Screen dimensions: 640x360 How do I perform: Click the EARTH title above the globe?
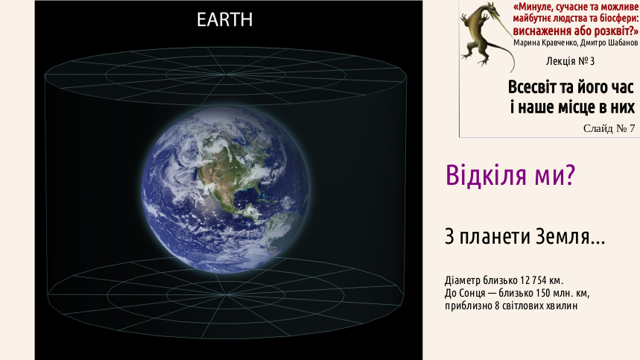pyautogui.click(x=224, y=19)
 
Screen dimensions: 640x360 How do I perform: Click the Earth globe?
pyautogui.click(x=225, y=189)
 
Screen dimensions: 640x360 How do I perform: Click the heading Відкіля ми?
pyautogui.click(x=510, y=174)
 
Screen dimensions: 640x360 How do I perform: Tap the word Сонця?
pyautogui.click(x=472, y=293)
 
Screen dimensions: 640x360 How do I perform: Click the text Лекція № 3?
pyautogui.click(x=570, y=61)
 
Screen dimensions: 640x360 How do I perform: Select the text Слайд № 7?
pyautogui.click(x=609, y=128)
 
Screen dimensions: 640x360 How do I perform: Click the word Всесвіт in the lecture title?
pyautogui.click(x=531, y=87)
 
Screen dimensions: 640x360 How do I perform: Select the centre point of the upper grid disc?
pyautogui.click(x=224, y=75)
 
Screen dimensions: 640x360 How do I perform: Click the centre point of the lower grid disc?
pyautogui.click(x=225, y=294)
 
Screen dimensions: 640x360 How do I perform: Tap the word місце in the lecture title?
pyautogui.click(x=574, y=107)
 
